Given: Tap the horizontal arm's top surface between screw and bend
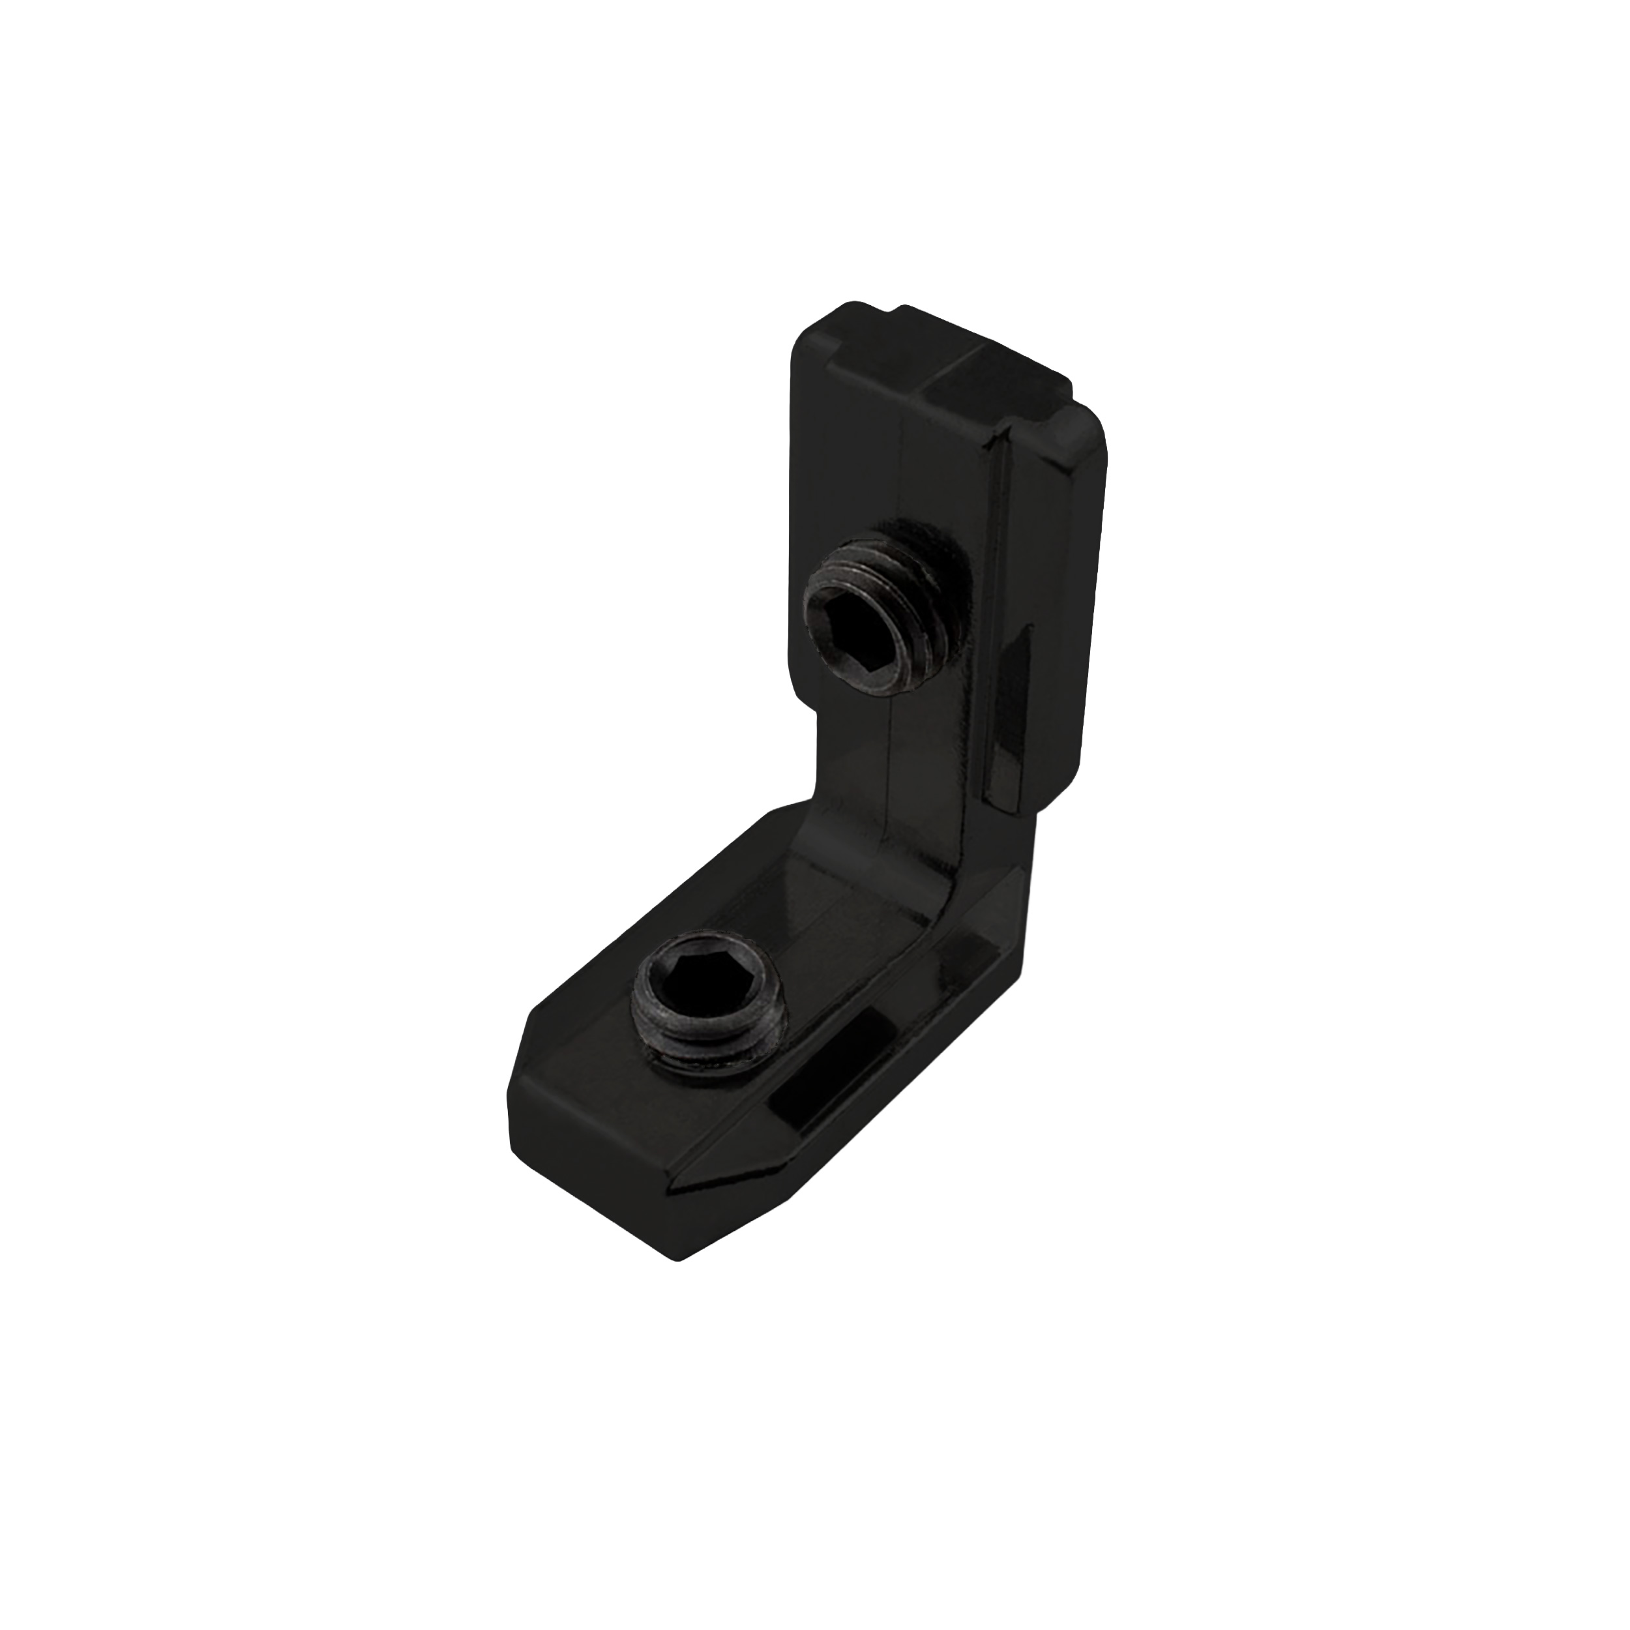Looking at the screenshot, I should [x=810, y=895].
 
